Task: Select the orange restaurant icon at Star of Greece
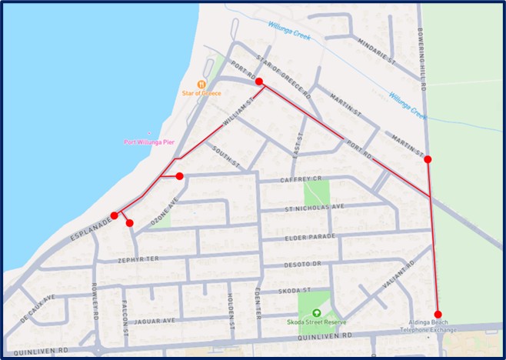(201, 83)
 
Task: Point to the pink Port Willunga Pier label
(149, 142)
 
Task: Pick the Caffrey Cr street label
(283, 181)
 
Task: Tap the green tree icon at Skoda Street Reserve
(317, 313)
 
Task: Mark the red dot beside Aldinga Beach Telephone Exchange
(438, 313)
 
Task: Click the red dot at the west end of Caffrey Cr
(179, 176)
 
